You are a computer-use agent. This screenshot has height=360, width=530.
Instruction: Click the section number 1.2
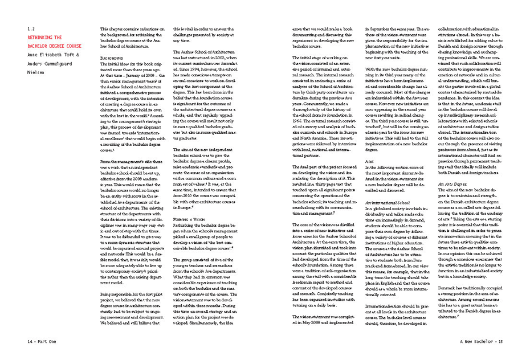coord(32,28)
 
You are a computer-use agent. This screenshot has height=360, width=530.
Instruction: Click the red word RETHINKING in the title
coord(43,36)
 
